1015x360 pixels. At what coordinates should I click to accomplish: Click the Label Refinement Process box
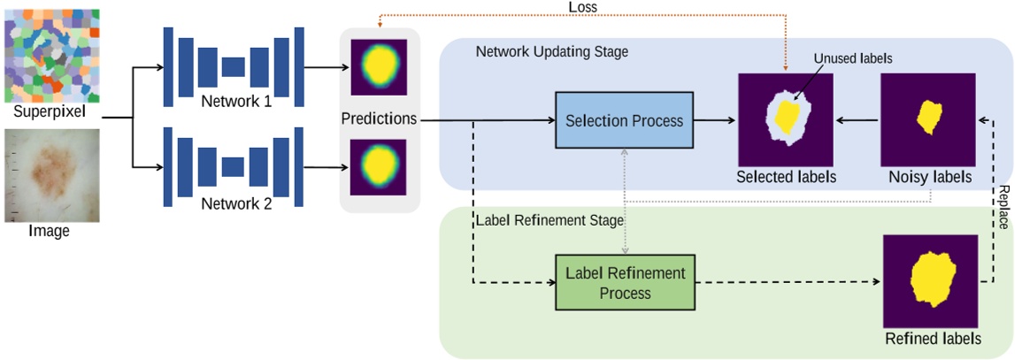pyautogui.click(x=625, y=282)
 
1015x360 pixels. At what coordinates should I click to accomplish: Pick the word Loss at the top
pyautogui.click(x=582, y=6)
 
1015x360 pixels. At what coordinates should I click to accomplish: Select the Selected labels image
pyautogui.click(x=786, y=119)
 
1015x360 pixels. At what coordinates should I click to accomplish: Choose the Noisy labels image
pyautogui.click(x=928, y=119)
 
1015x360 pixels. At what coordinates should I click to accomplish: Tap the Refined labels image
pyautogui.click(x=931, y=281)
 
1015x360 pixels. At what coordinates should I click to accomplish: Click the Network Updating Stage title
pyautogui.click(x=551, y=51)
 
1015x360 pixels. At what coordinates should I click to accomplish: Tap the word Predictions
pyautogui.click(x=379, y=119)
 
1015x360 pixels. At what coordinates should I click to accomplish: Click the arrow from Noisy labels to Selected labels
pyautogui.click(x=857, y=119)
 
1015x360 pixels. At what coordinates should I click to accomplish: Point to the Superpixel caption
pyautogui.click(x=50, y=112)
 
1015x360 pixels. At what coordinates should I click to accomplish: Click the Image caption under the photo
pyautogui.click(x=50, y=232)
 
